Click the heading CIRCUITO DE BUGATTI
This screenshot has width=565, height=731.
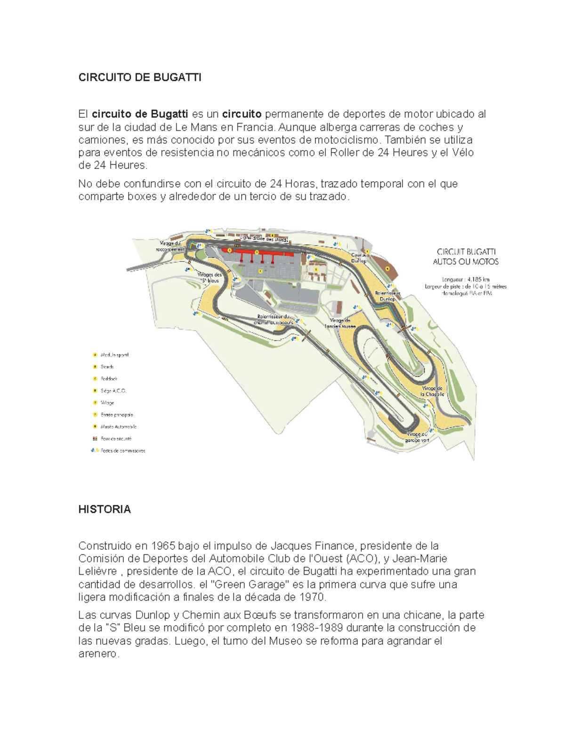139,78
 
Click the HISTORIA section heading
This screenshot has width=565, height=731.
104,509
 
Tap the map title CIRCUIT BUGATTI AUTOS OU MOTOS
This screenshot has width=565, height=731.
466,257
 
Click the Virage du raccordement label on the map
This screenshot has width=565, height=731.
170,246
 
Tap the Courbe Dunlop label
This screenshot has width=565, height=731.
359,257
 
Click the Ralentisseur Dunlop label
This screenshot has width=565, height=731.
387,296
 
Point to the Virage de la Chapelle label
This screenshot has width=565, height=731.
432,391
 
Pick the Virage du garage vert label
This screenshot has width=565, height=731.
417,437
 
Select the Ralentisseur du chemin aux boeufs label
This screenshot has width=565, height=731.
275,320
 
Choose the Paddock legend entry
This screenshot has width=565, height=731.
109,378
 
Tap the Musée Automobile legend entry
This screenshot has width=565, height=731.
118,426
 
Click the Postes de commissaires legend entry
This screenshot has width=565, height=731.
122,450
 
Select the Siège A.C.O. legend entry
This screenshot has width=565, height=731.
113,391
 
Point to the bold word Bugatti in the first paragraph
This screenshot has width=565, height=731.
169,114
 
